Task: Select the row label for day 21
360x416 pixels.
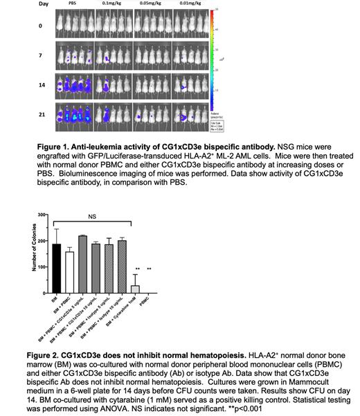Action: point(24,112)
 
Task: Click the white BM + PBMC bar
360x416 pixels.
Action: point(69,264)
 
